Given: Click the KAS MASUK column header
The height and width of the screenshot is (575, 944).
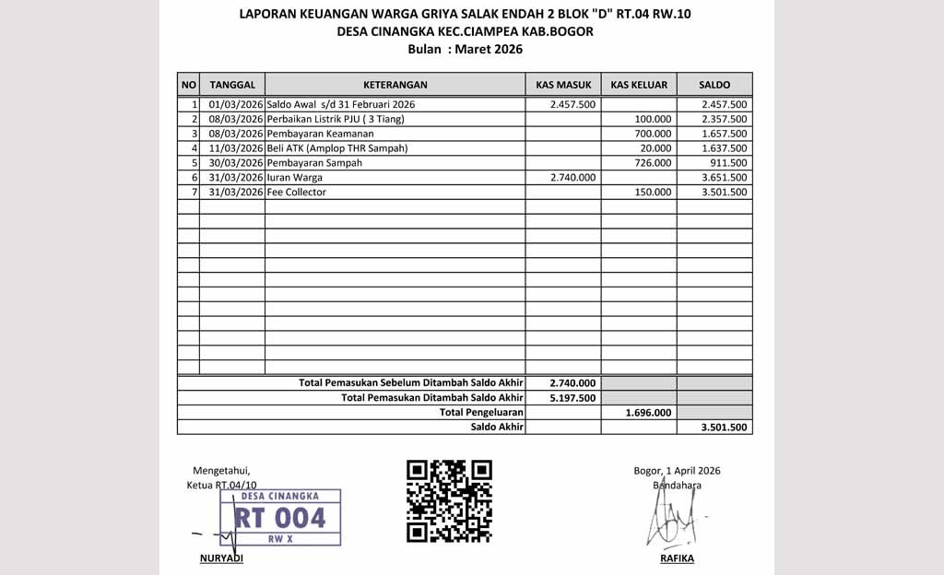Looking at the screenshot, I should [x=563, y=85].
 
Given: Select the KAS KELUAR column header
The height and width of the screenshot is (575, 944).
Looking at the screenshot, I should [x=639, y=85].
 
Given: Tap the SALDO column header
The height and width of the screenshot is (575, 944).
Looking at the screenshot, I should [x=714, y=85].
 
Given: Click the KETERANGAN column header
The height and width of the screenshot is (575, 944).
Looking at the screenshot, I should [x=395, y=85].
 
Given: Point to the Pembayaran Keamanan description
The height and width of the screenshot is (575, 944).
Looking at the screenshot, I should [x=313, y=134].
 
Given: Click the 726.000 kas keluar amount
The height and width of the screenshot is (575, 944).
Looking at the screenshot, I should [x=655, y=163].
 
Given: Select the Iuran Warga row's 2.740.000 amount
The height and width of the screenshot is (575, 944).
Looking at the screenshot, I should [x=572, y=178].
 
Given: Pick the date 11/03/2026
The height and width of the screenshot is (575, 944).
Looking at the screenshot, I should [x=236, y=148].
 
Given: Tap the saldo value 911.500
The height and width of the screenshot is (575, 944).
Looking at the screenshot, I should [x=728, y=163].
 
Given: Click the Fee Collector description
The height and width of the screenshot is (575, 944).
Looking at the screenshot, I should [x=296, y=193].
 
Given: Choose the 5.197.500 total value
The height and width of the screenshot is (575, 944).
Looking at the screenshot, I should [x=572, y=398].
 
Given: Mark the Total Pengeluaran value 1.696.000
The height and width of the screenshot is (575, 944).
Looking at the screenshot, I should [x=648, y=413].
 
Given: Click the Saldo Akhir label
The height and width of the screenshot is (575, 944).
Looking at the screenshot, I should [x=497, y=428].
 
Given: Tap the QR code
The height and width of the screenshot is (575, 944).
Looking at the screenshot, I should [x=449, y=501].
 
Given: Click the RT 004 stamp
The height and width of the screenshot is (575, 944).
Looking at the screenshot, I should [x=279, y=518].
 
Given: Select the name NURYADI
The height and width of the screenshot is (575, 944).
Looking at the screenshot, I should [x=221, y=559].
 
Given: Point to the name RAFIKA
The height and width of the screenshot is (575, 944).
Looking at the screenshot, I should [x=677, y=559].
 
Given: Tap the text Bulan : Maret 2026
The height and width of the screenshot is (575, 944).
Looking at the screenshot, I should [x=465, y=50].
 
